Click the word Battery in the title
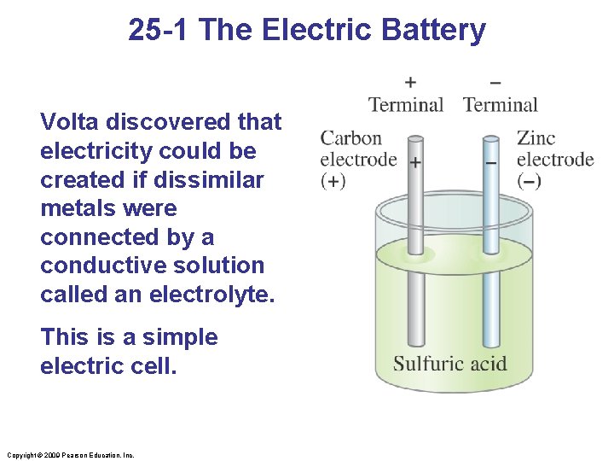coord(434,31)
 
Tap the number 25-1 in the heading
coord(161,31)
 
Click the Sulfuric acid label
coord(449,364)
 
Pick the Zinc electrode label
coord(554,149)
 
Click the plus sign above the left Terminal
coord(410,83)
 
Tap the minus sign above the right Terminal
coord(495,83)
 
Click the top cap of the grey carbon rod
coord(415,138)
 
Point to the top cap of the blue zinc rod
coord(490,138)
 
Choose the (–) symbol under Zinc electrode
coord(529,180)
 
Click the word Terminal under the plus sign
coord(406,105)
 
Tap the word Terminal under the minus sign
coord(501,105)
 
